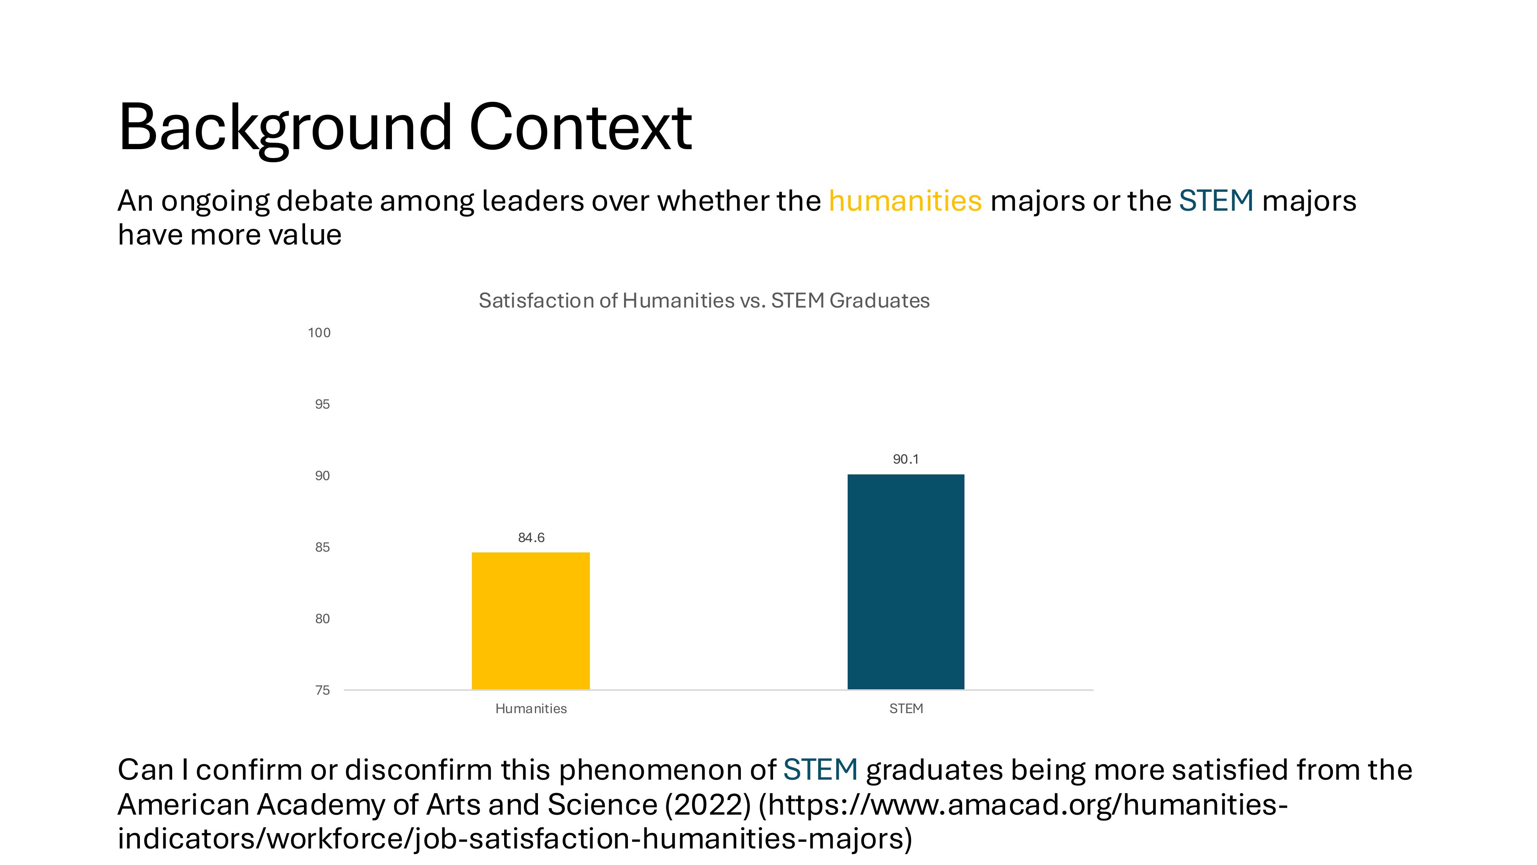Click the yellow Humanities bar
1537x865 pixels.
tap(530, 621)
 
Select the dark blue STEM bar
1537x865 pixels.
tap(906, 582)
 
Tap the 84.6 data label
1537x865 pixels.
tap(531, 538)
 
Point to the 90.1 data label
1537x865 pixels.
tap(906, 459)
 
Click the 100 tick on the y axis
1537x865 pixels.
tap(319, 333)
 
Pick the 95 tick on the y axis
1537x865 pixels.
tap(322, 404)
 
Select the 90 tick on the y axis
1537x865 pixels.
tap(322, 476)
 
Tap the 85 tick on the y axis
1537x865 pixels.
tap(322, 547)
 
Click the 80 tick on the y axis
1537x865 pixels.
tap(322, 619)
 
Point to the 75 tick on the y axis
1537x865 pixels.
tap(322, 690)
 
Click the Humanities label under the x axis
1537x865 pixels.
tap(531, 709)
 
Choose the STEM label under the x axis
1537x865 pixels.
tap(906, 709)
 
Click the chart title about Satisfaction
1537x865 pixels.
tap(704, 300)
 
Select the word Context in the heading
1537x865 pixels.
tap(581, 127)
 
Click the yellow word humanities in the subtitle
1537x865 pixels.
tap(905, 201)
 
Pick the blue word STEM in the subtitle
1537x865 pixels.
tap(1216, 201)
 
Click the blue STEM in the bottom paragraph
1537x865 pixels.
tap(820, 770)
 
